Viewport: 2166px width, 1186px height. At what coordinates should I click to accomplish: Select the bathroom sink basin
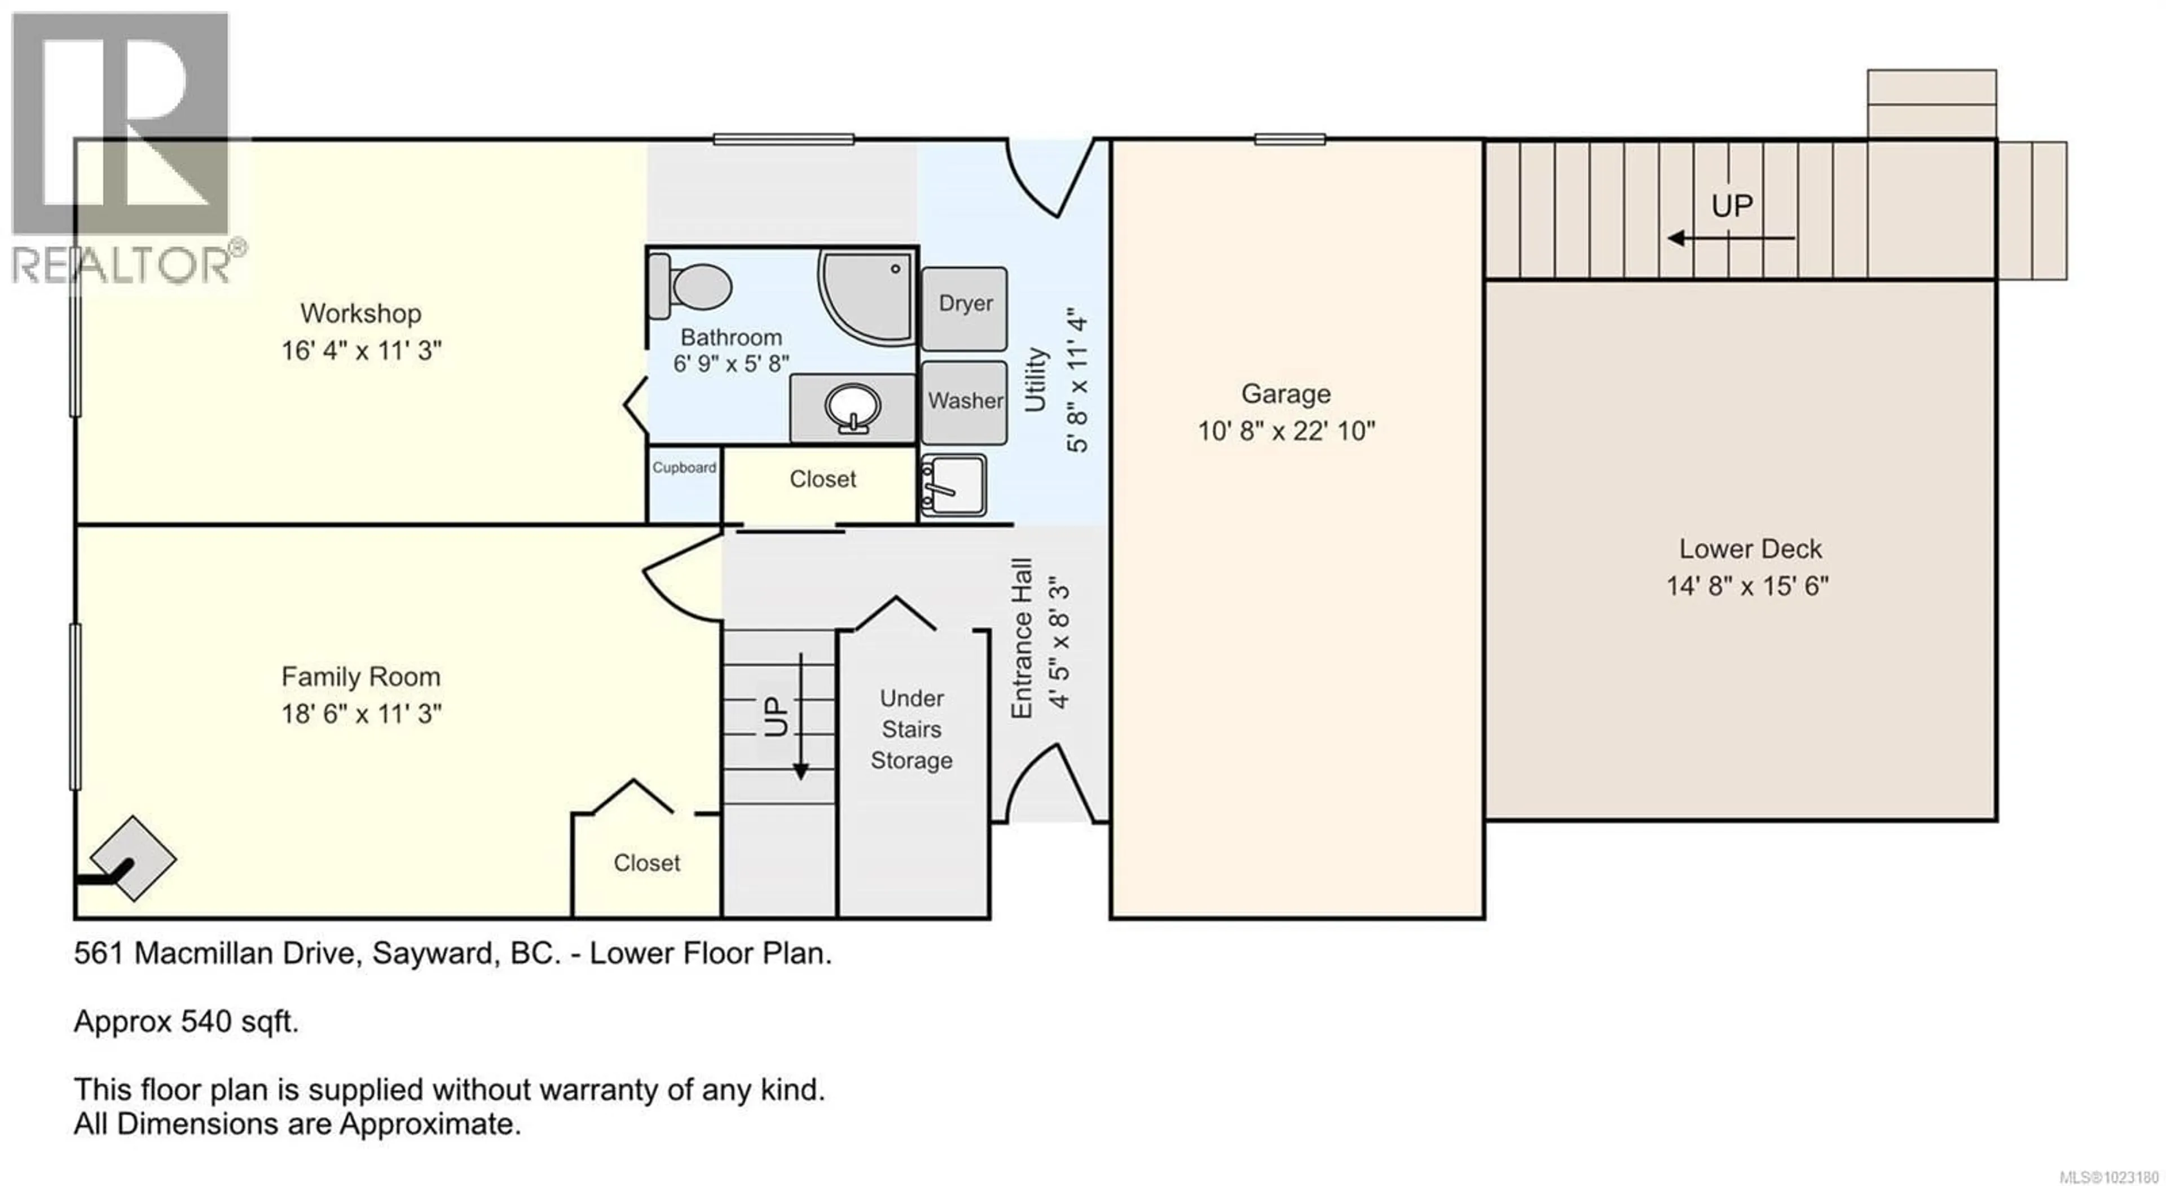[853, 408]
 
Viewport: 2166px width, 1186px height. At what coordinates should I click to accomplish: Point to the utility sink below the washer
[953, 485]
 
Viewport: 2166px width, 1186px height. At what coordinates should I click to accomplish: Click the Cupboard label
[684, 468]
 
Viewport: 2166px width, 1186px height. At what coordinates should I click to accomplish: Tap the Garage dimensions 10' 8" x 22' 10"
[1285, 431]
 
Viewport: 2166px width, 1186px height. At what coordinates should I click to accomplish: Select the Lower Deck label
[1750, 548]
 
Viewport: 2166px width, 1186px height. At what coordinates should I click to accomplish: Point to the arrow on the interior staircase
[800, 715]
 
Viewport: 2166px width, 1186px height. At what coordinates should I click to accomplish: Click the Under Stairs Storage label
[912, 730]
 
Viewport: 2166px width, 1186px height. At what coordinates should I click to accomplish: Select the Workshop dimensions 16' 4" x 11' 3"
[361, 350]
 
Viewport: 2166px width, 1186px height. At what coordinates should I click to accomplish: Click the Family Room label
[361, 677]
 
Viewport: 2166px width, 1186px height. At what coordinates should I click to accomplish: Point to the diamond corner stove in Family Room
[133, 858]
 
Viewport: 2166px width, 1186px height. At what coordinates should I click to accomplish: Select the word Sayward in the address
[432, 953]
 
